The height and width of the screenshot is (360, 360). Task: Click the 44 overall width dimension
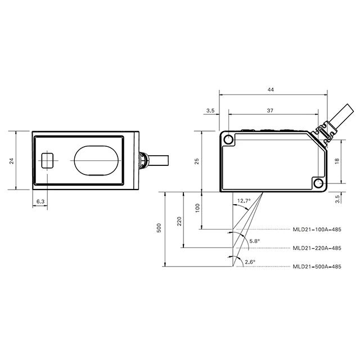271,89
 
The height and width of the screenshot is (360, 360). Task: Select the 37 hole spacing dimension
270,110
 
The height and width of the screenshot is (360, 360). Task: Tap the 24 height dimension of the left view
12,161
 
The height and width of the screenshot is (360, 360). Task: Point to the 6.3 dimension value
40,201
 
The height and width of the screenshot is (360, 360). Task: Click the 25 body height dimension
197,161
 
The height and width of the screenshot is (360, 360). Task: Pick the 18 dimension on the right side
337,161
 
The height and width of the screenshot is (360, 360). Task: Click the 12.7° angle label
244,201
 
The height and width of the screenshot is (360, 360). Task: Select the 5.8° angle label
255,241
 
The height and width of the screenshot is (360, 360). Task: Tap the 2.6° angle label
250,262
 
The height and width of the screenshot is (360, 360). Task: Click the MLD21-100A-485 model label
317,229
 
